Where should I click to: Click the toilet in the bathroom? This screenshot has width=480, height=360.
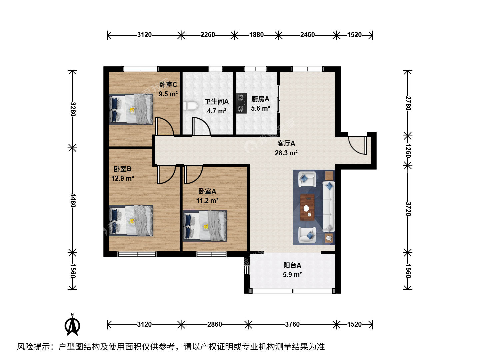coord(190,106)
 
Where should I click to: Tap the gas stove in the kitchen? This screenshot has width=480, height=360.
coord(241,103)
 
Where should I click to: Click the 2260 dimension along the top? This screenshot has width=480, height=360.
coord(208,35)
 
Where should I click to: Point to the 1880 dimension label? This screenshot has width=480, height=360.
coord(256,35)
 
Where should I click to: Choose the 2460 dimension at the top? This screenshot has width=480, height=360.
coord(307,35)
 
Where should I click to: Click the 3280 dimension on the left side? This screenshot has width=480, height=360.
coord(73,109)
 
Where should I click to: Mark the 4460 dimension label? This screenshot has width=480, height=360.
coord(73,200)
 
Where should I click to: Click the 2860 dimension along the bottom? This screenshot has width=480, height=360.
coord(215,324)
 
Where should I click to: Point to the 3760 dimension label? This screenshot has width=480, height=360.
coord(292,324)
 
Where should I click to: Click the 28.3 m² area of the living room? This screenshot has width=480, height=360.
coord(286,153)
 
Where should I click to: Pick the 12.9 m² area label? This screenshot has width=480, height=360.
coord(122,178)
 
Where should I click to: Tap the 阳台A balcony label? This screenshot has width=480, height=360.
coord(292,265)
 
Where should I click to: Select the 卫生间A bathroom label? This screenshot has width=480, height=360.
coord(216,102)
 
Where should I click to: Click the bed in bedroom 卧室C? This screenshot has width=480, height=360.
coord(131,109)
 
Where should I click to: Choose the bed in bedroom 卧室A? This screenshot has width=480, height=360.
coord(205,226)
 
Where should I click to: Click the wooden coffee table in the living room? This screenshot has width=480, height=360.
coord(307,207)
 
